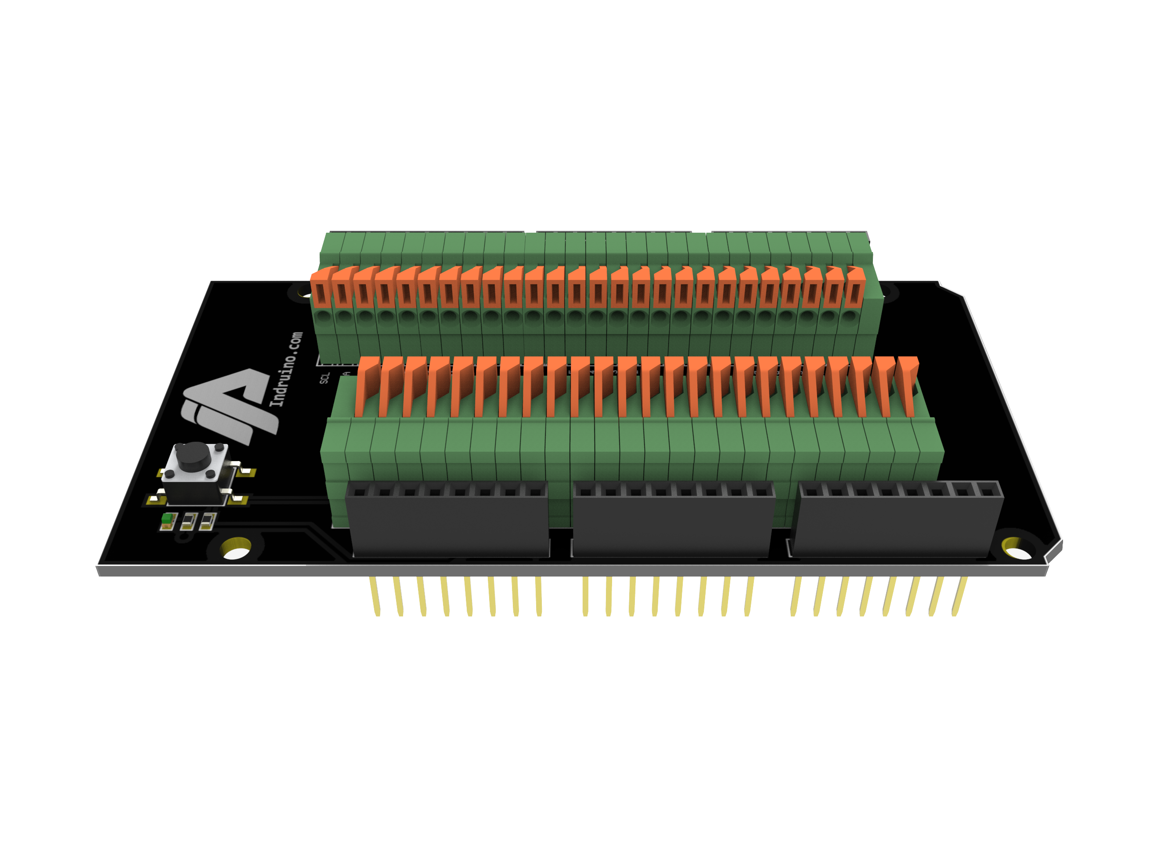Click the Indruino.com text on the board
[285, 369]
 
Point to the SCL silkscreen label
[324, 378]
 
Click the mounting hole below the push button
[236, 549]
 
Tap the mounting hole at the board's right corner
[1017, 549]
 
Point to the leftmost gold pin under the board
[375, 596]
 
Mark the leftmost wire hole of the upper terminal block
[323, 317]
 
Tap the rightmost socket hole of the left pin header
[534, 492]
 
